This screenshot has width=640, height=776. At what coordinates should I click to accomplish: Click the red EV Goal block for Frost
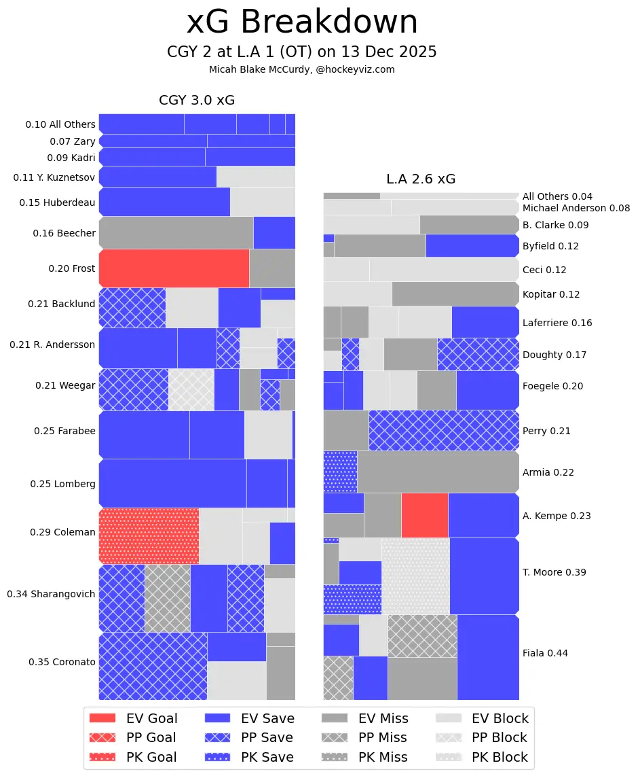click(174, 268)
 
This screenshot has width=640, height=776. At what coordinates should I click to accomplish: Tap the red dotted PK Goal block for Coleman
click(149, 535)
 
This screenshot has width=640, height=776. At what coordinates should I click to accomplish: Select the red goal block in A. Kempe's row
click(424, 515)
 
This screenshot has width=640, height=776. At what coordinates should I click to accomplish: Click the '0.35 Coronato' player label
click(62, 662)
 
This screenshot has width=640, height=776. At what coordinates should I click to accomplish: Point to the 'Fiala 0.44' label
click(545, 653)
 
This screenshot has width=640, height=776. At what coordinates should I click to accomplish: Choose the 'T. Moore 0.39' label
click(554, 572)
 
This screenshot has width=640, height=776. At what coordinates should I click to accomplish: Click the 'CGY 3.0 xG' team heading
click(197, 100)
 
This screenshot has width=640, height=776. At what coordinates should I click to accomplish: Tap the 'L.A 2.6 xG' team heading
click(421, 179)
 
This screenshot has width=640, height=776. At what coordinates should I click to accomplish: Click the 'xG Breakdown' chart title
click(303, 22)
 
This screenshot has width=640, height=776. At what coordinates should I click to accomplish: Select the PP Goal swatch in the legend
click(102, 737)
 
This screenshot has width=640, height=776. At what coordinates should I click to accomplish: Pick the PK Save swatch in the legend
click(217, 757)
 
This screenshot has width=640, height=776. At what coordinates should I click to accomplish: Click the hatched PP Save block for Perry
click(444, 430)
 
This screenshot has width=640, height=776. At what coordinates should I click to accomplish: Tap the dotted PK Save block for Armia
click(340, 472)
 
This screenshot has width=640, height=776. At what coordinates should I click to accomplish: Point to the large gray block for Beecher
click(176, 232)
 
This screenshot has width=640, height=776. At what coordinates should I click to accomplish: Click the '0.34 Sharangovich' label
click(51, 594)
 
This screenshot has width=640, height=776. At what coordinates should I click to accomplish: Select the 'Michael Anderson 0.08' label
click(576, 208)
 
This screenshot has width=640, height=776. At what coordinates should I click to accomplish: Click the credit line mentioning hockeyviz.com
click(302, 69)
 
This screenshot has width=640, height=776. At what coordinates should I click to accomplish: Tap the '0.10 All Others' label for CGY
click(60, 124)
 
